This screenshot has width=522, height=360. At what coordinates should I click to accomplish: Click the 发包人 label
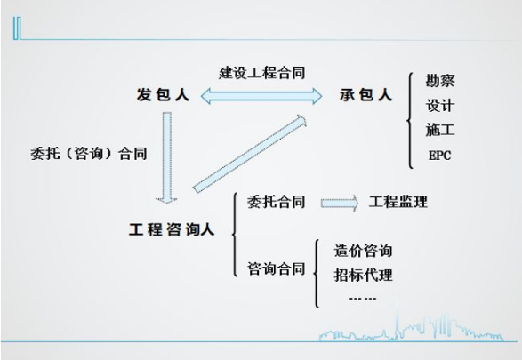pyautogui.click(x=163, y=94)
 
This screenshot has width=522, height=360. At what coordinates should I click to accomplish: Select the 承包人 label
pyautogui.click(x=365, y=94)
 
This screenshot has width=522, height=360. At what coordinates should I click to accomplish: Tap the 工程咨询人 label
pyautogui.click(x=172, y=229)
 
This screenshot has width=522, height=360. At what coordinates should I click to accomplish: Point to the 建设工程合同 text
pyautogui.click(x=261, y=73)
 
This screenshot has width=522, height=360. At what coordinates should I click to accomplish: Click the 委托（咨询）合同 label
pyautogui.click(x=89, y=154)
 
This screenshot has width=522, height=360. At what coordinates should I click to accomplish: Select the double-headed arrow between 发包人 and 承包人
pyautogui.click(x=261, y=96)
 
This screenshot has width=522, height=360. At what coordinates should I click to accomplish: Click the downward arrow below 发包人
pyautogui.click(x=167, y=157)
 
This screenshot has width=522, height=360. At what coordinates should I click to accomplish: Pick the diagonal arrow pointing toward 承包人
pyautogui.click(x=250, y=154)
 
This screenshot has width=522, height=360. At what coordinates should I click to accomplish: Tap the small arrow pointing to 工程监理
pyautogui.click(x=340, y=203)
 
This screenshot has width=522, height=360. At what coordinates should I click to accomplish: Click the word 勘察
pyautogui.click(x=440, y=80)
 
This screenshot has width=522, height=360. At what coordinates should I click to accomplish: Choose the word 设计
pyautogui.click(x=440, y=106)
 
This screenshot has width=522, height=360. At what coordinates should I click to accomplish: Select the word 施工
pyautogui.click(x=440, y=130)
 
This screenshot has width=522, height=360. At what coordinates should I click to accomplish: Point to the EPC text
pyautogui.click(x=439, y=155)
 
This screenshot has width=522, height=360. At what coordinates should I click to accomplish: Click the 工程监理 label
pyautogui.click(x=398, y=202)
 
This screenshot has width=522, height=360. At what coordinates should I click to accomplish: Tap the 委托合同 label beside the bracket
pyautogui.click(x=276, y=202)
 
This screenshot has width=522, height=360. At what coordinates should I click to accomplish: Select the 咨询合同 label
pyautogui.click(x=276, y=268)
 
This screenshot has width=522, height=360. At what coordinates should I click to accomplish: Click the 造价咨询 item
pyautogui.click(x=363, y=250)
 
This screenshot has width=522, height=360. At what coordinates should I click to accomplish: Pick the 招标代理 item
pyautogui.click(x=363, y=276)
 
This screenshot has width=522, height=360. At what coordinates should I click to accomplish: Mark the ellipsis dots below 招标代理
pyautogui.click(x=363, y=298)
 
